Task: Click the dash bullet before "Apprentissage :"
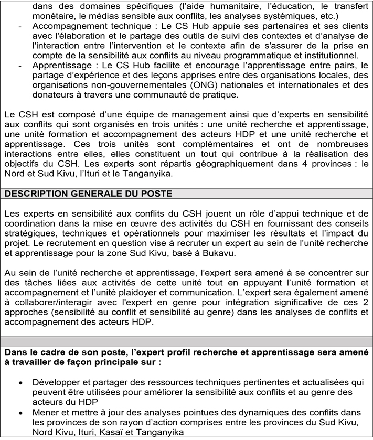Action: click(19, 65)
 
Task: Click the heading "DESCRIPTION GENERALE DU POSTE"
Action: click(89, 194)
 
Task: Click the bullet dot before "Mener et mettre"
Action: click(20, 413)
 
